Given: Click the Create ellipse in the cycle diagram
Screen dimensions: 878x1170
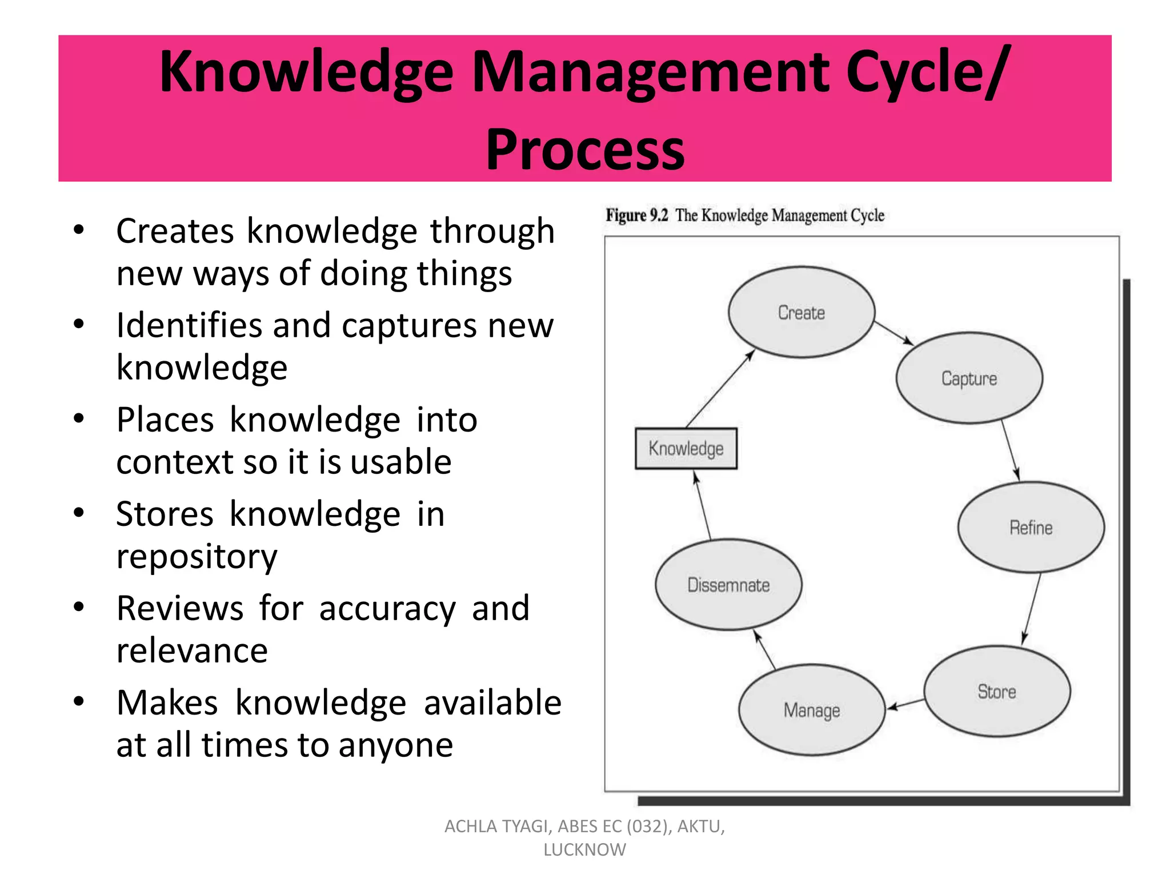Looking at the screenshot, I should click(x=801, y=312).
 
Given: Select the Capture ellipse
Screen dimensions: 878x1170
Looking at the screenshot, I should click(x=969, y=378).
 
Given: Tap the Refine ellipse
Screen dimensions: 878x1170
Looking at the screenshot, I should click(x=1031, y=527).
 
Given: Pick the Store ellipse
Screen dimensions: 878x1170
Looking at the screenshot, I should click(x=997, y=691).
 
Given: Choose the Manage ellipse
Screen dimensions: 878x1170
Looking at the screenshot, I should click(x=811, y=710).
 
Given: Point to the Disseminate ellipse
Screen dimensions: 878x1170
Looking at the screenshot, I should click(x=728, y=585).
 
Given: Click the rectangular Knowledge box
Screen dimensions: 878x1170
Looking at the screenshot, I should click(x=686, y=449).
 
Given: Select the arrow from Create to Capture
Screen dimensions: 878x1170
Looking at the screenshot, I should click(x=893, y=333).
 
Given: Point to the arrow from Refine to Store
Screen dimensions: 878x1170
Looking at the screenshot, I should click(x=1032, y=608).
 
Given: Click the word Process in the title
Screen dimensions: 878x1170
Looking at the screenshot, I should click(x=585, y=150).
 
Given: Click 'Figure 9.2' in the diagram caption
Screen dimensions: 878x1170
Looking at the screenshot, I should click(x=636, y=215).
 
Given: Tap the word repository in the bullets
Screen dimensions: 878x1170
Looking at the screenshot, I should click(x=197, y=557).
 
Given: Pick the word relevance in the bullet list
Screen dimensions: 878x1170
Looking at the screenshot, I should click(x=192, y=650).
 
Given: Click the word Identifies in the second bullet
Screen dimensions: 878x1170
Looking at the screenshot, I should click(x=189, y=325).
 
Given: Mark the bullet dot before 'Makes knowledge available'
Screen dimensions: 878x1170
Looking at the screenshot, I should click(x=79, y=701).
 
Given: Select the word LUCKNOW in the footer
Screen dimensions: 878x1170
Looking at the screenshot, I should click(x=584, y=850).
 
